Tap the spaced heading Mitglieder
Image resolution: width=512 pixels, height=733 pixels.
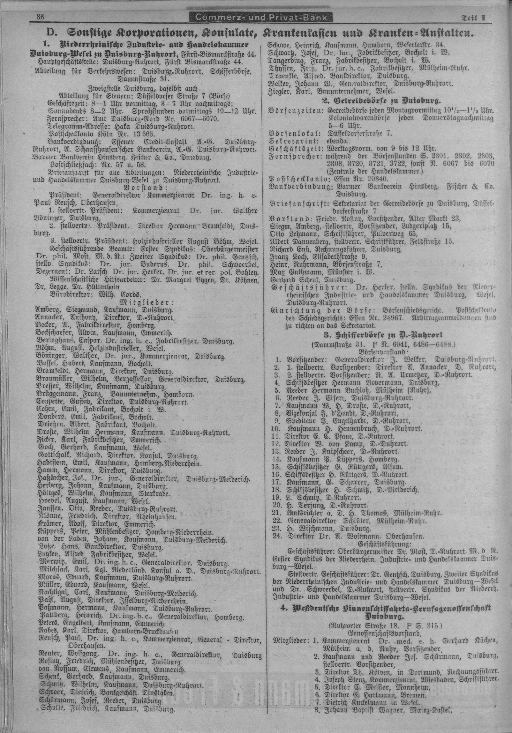pyautogui.click(x=147, y=302)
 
